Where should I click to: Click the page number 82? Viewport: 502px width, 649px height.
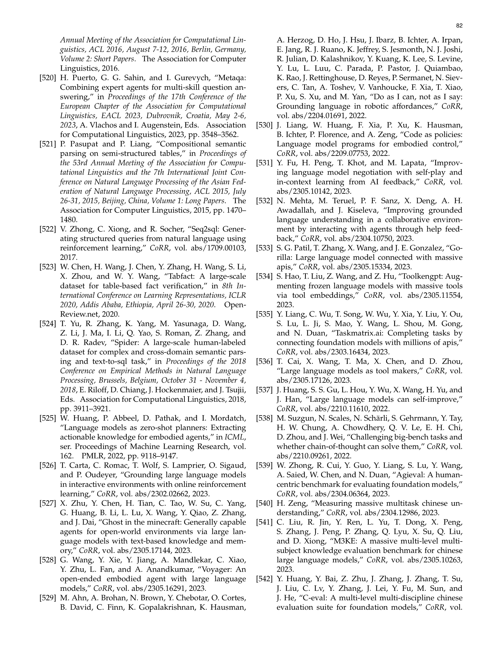click(459, 26)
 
